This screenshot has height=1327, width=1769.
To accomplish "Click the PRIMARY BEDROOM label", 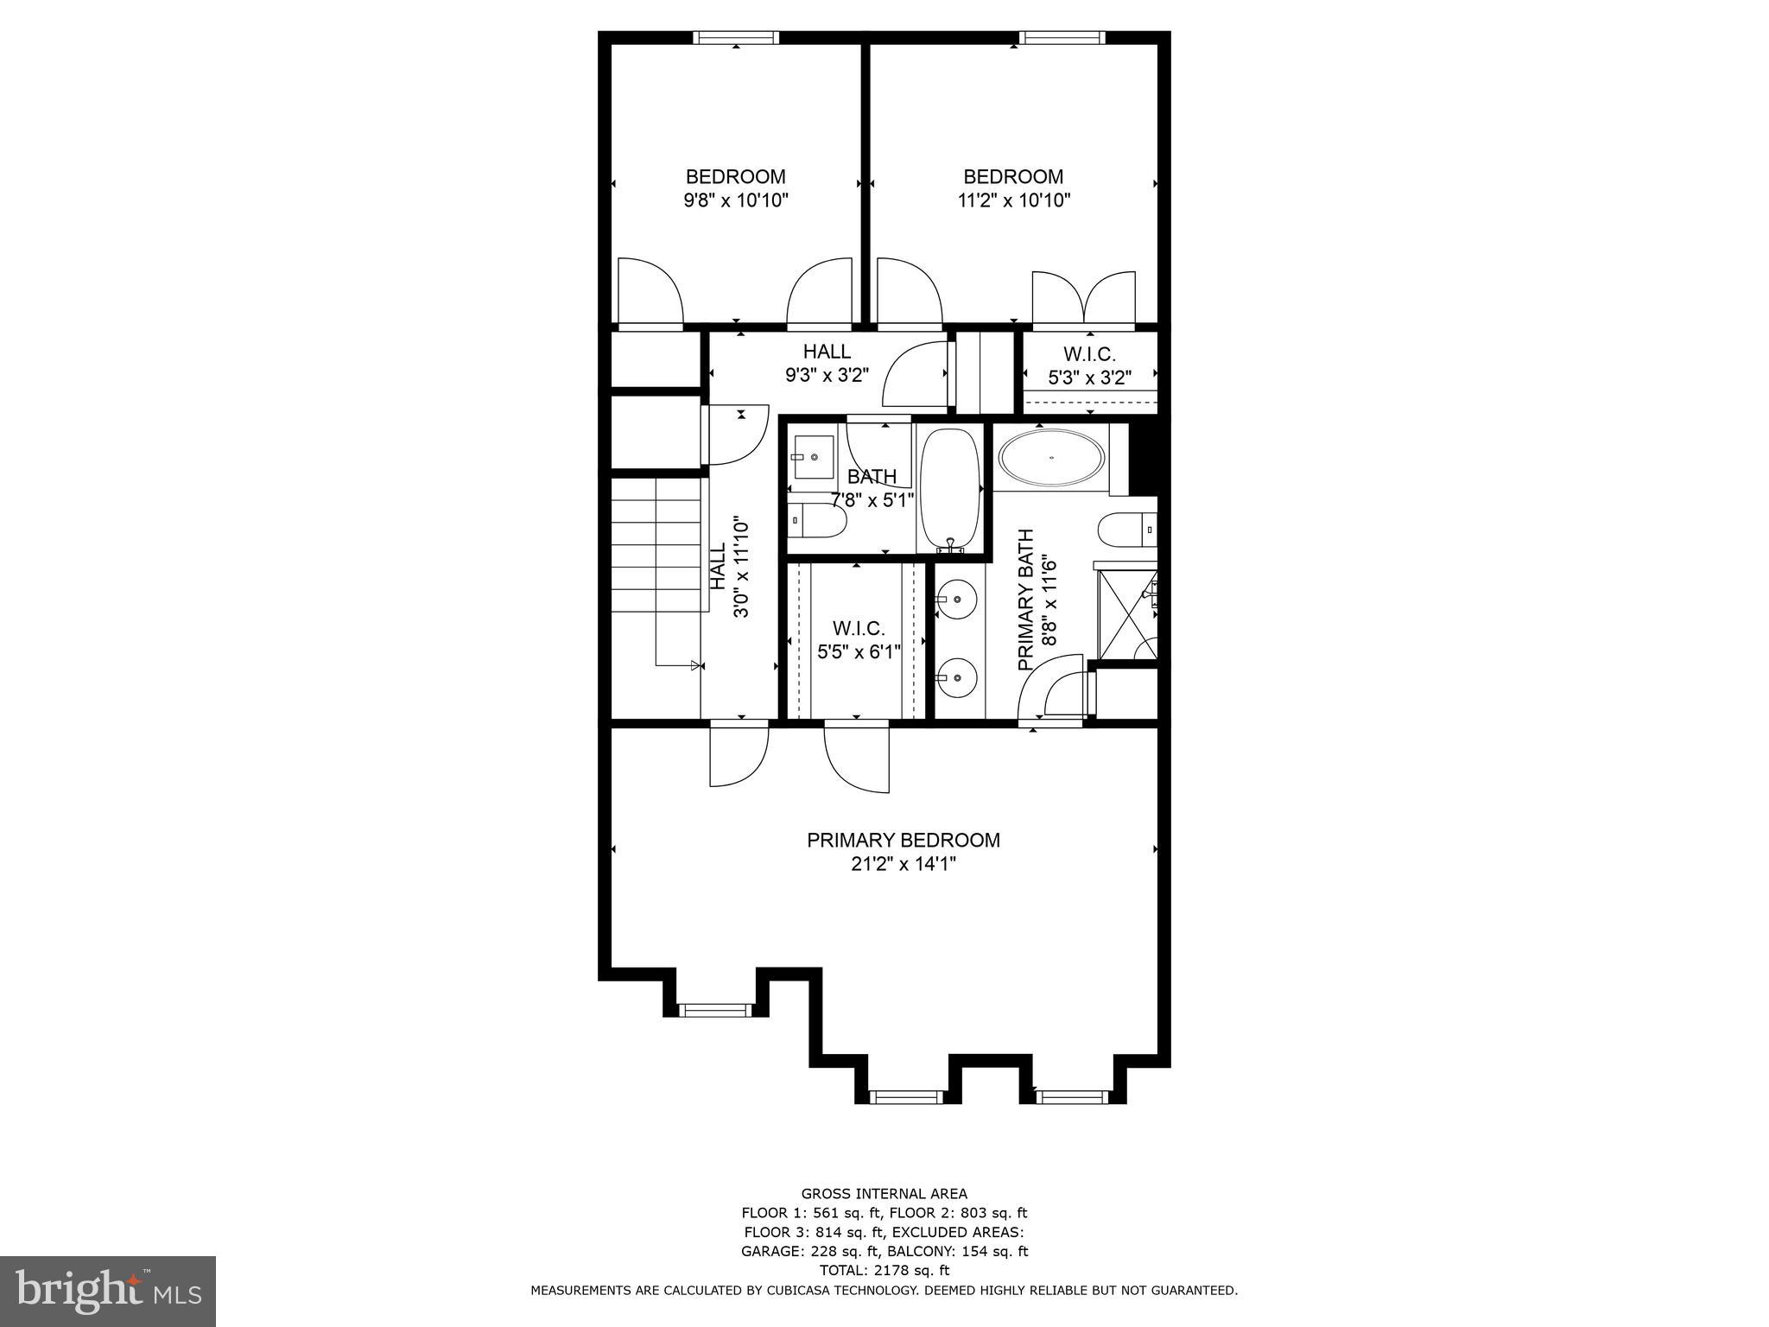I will [x=903, y=840].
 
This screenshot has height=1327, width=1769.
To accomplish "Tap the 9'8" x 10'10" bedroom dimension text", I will [x=736, y=200].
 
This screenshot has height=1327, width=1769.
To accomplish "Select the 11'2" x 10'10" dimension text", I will [x=1013, y=200].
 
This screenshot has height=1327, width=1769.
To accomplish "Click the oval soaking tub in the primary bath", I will [x=1050, y=457].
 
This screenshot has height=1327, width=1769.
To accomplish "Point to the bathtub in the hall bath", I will [x=950, y=489].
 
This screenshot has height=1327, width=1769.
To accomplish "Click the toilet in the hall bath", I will [x=816, y=521].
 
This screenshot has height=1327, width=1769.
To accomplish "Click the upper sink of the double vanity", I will [x=957, y=598].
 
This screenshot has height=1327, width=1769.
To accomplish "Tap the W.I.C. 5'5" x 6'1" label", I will [x=859, y=639].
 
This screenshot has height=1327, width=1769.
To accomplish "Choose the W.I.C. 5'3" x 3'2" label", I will [x=1089, y=365].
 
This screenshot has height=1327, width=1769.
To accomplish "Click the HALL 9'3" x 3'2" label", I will [x=827, y=363].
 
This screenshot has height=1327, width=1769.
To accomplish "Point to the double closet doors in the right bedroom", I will [x=1084, y=298].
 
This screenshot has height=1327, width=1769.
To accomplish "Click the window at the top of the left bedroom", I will [x=736, y=38].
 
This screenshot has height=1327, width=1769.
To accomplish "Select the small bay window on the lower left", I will [x=714, y=1010].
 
